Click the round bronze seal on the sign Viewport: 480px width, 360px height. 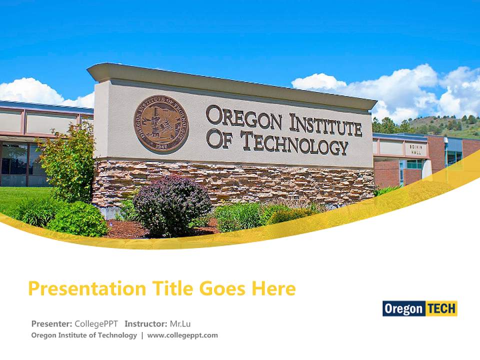coord(161,124)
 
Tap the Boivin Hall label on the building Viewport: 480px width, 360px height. coord(416,149)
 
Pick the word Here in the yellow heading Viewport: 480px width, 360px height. coord(273,288)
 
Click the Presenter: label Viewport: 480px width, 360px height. coord(51,323)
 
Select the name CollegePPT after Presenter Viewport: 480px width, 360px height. coord(96,323)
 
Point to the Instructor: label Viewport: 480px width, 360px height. coord(145,323)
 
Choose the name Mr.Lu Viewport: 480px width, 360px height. coord(180,323)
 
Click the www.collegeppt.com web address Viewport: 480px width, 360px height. coord(182,335)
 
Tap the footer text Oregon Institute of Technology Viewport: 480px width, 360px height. coord(84,335)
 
